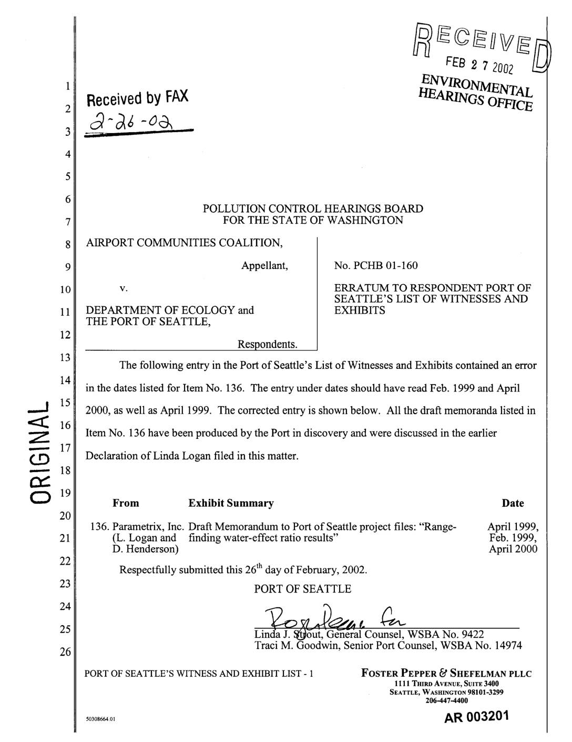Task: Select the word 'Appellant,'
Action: [264, 265]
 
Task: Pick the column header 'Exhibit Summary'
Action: [231, 504]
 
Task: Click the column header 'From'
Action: [126, 504]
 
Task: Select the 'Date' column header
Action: [513, 504]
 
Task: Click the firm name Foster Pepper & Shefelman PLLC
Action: [446, 674]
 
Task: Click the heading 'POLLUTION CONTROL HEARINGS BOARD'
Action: [313, 209]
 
